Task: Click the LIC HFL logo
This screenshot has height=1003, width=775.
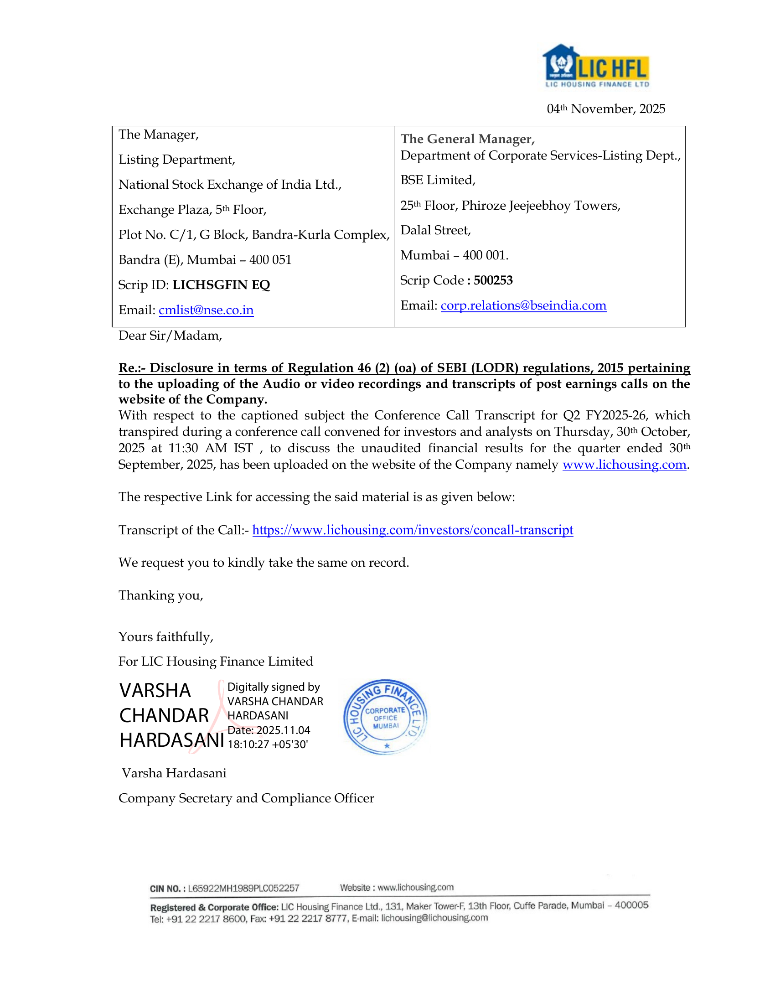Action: pyautogui.click(x=596, y=66)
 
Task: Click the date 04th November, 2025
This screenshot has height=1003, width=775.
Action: pyautogui.click(x=605, y=109)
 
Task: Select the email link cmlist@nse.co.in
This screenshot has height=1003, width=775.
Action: pyautogui.click(x=206, y=310)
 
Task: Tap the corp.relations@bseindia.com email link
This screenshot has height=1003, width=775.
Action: pyautogui.click(x=523, y=305)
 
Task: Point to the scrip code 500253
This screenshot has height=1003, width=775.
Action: pyautogui.click(x=493, y=280)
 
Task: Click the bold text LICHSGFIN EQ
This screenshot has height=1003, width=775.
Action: pyautogui.click(x=221, y=285)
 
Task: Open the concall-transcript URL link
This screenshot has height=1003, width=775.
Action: pyautogui.click(x=412, y=530)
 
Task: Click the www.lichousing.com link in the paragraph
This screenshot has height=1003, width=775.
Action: pyautogui.click(x=624, y=465)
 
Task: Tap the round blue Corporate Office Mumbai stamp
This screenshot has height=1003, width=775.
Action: pyautogui.click(x=385, y=717)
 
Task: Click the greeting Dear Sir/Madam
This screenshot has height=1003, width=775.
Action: pyautogui.click(x=170, y=336)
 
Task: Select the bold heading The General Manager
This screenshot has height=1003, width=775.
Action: pyautogui.click(x=467, y=139)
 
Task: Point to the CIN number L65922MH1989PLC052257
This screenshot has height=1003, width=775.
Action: pyautogui.click(x=243, y=888)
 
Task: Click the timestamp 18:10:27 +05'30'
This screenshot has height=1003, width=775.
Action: pyautogui.click(x=268, y=744)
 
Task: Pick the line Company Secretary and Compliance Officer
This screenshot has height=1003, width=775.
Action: pyautogui.click(x=246, y=798)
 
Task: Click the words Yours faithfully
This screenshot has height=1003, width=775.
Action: pyautogui.click(x=166, y=636)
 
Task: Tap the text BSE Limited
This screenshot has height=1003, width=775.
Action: pyautogui.click(x=438, y=180)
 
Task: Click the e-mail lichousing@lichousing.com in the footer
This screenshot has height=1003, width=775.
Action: pyautogui.click(x=434, y=918)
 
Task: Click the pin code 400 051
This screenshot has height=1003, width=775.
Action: pyautogui.click(x=270, y=260)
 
